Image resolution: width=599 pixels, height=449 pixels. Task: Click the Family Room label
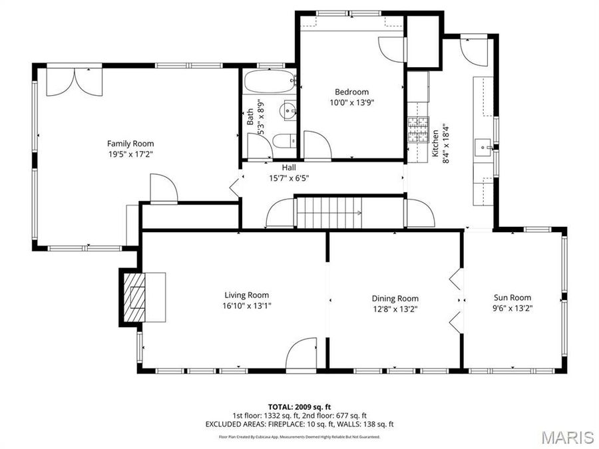(x=130, y=143)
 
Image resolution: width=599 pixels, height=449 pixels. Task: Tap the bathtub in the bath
(x=268, y=83)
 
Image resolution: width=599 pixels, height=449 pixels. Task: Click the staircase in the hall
(x=329, y=213)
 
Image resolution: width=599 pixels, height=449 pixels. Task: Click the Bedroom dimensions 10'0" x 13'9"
(x=351, y=102)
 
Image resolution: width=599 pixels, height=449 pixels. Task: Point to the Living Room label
(x=246, y=295)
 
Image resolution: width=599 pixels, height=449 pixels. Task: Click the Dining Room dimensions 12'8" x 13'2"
(x=395, y=309)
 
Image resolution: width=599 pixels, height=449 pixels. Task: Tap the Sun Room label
(x=512, y=297)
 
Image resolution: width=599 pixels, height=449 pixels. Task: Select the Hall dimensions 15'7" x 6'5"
(x=288, y=178)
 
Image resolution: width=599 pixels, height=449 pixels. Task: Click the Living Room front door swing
(x=302, y=352)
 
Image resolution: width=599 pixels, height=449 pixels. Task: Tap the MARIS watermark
(x=567, y=437)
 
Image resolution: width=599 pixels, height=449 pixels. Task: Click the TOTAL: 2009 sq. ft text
(x=299, y=406)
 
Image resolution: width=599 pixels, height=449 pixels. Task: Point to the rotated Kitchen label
(x=433, y=143)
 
